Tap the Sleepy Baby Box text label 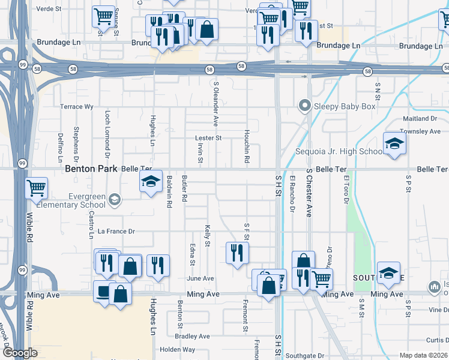coord(346,107)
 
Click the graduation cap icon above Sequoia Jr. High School coord(394,143)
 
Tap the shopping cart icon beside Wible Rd coord(37,188)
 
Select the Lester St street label coord(208,138)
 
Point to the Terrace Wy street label coord(77,107)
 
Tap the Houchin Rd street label coord(246,148)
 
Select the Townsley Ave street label coord(420,131)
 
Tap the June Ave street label coord(200,278)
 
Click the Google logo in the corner coord(19,353)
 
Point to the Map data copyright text coord(423,355)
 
